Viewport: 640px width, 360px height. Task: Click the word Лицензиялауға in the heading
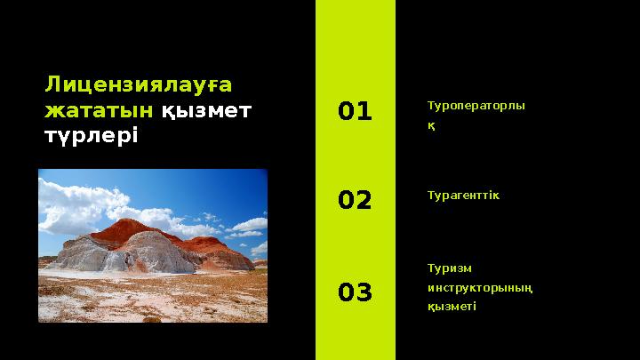139,84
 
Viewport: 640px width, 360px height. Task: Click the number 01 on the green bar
355,111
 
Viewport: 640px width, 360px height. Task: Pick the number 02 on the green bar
355,201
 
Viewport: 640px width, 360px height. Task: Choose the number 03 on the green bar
355,292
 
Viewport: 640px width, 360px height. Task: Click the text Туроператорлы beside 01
476,105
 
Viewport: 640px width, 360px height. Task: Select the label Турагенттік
463,195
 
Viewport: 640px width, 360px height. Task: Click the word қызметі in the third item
452,307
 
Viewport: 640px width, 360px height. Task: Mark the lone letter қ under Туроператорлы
431,126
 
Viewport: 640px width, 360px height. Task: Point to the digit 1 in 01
364,111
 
